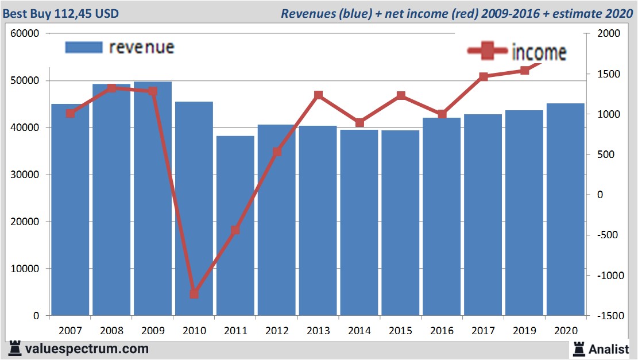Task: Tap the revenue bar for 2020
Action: pos(565,209)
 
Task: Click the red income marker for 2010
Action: pos(194,294)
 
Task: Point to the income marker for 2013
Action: pos(319,95)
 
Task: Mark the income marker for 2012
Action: pos(277,152)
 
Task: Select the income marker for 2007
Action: pos(71,113)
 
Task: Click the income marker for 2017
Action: pos(484,76)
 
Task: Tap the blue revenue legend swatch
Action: pos(84,47)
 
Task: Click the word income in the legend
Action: pos(539,53)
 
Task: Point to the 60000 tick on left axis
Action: pos(25,33)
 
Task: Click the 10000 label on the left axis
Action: pos(25,269)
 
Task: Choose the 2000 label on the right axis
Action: pos(609,33)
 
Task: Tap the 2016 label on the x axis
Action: pos(442,331)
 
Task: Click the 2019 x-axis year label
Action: pos(524,331)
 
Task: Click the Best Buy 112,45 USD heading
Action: pos(62,13)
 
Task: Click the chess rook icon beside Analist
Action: pos(578,349)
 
